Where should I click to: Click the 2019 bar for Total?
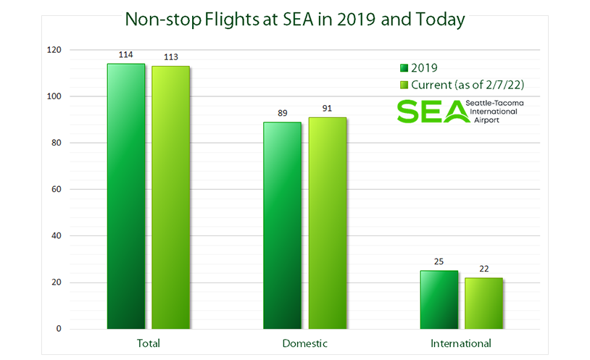(126, 196)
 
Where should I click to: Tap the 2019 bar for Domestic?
(282, 225)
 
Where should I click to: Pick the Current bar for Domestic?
(327, 223)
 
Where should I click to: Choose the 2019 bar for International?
(439, 300)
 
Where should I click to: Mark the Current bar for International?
(483, 304)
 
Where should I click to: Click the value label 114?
(126, 55)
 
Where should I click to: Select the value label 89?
(282, 114)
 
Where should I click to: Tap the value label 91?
(327, 109)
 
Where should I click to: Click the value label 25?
(439, 262)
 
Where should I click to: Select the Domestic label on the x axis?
(304, 343)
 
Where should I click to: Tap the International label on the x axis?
(461, 343)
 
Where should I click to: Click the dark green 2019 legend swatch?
(404, 68)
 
